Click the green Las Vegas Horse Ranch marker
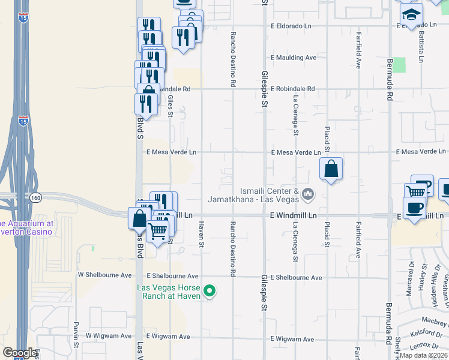pyautogui.click(x=209, y=292)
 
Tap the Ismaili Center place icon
pyautogui.click(x=308, y=193)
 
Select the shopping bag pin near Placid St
pyautogui.click(x=331, y=170)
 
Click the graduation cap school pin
pyautogui.click(x=411, y=14)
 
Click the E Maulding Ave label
pyautogui.click(x=294, y=58)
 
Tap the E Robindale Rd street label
pyautogui.click(x=292, y=89)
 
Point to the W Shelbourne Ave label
pyautogui.click(x=104, y=275)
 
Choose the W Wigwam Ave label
pyautogui.click(x=108, y=336)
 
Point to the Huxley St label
pyautogui.click(x=425, y=274)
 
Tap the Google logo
pyautogui.click(x=19, y=353)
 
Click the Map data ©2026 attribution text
pyautogui.click(x=424, y=355)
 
